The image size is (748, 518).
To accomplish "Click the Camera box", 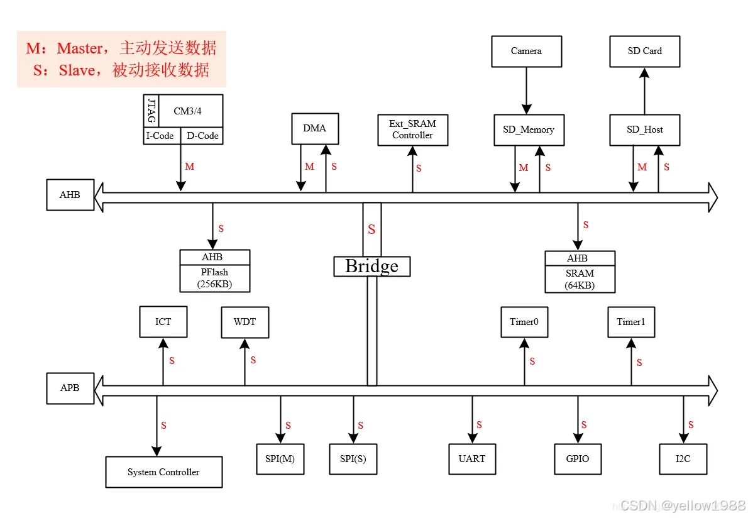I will click(526, 51).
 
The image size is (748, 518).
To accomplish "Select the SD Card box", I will click(644, 51).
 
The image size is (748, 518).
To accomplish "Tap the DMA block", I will click(314, 128).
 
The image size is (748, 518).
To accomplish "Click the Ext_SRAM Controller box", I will click(412, 129).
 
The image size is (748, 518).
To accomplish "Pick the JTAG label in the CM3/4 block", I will click(151, 111).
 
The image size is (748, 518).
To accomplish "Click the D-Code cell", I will click(202, 136).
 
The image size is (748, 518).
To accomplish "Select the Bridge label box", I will click(371, 267).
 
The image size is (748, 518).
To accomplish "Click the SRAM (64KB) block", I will click(580, 278).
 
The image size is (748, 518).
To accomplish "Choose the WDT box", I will click(245, 322).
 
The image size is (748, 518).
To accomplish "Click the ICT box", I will click(163, 322).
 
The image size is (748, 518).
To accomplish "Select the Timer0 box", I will click(524, 322).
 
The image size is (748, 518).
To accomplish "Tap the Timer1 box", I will click(630, 322).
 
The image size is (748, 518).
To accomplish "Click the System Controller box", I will click(163, 472).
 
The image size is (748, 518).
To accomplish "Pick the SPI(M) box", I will click(280, 459).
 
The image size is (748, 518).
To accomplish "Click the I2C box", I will click(683, 459).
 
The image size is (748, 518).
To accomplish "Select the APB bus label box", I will click(70, 387).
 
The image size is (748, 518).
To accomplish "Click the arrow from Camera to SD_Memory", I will click(526, 91).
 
